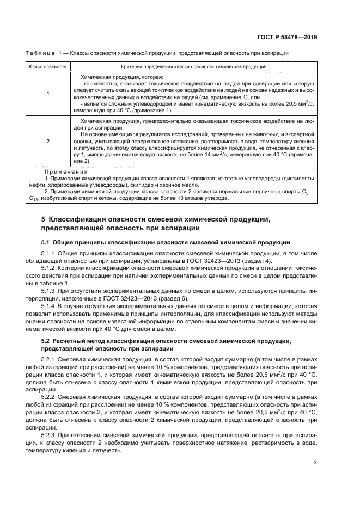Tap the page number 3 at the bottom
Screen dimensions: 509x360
pos(315,463)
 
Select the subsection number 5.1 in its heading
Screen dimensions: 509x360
pos(46,242)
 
